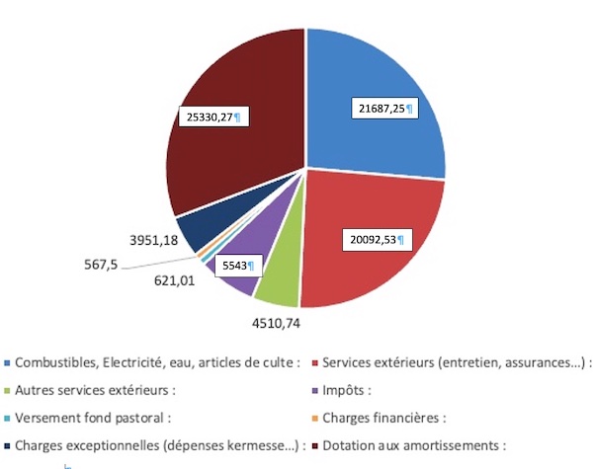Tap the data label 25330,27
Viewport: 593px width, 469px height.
point(212,117)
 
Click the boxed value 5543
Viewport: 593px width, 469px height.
point(237,265)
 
